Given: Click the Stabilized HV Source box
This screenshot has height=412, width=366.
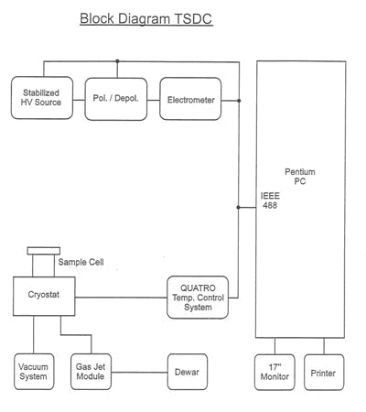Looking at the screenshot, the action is click(x=42, y=98).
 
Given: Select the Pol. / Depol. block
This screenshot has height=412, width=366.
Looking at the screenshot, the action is click(x=116, y=99).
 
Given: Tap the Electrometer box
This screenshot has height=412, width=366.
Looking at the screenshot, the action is click(x=190, y=99).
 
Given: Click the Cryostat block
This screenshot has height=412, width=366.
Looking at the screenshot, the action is click(x=44, y=296).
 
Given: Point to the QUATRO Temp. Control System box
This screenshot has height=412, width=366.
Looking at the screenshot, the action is click(x=198, y=298).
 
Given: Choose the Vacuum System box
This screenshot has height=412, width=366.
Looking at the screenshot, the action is click(x=34, y=372).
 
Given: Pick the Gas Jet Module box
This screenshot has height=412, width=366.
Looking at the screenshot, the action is click(x=91, y=372).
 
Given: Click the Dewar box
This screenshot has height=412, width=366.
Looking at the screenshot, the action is click(x=188, y=372).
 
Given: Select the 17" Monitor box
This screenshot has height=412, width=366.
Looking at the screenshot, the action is click(x=274, y=372).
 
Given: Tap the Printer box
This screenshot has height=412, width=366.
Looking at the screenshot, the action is click(x=324, y=372).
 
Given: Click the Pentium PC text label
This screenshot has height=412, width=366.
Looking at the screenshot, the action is click(x=300, y=177).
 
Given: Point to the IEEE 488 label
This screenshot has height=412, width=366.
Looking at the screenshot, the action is click(x=270, y=201).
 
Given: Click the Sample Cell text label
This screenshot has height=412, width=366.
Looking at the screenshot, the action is click(x=81, y=262).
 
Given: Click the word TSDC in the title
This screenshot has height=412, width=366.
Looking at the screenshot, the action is click(x=193, y=18).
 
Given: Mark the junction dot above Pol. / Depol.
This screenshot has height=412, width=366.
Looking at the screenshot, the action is click(x=117, y=61).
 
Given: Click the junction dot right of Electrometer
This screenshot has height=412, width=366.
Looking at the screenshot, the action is click(x=239, y=101).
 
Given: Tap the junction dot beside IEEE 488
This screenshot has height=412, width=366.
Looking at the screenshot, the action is click(x=238, y=207).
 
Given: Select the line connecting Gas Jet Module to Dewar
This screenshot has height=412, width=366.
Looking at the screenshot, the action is click(x=139, y=373).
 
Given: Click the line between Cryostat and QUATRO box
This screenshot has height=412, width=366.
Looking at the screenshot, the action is click(x=121, y=298).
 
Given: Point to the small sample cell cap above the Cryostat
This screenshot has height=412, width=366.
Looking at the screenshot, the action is click(x=44, y=251).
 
